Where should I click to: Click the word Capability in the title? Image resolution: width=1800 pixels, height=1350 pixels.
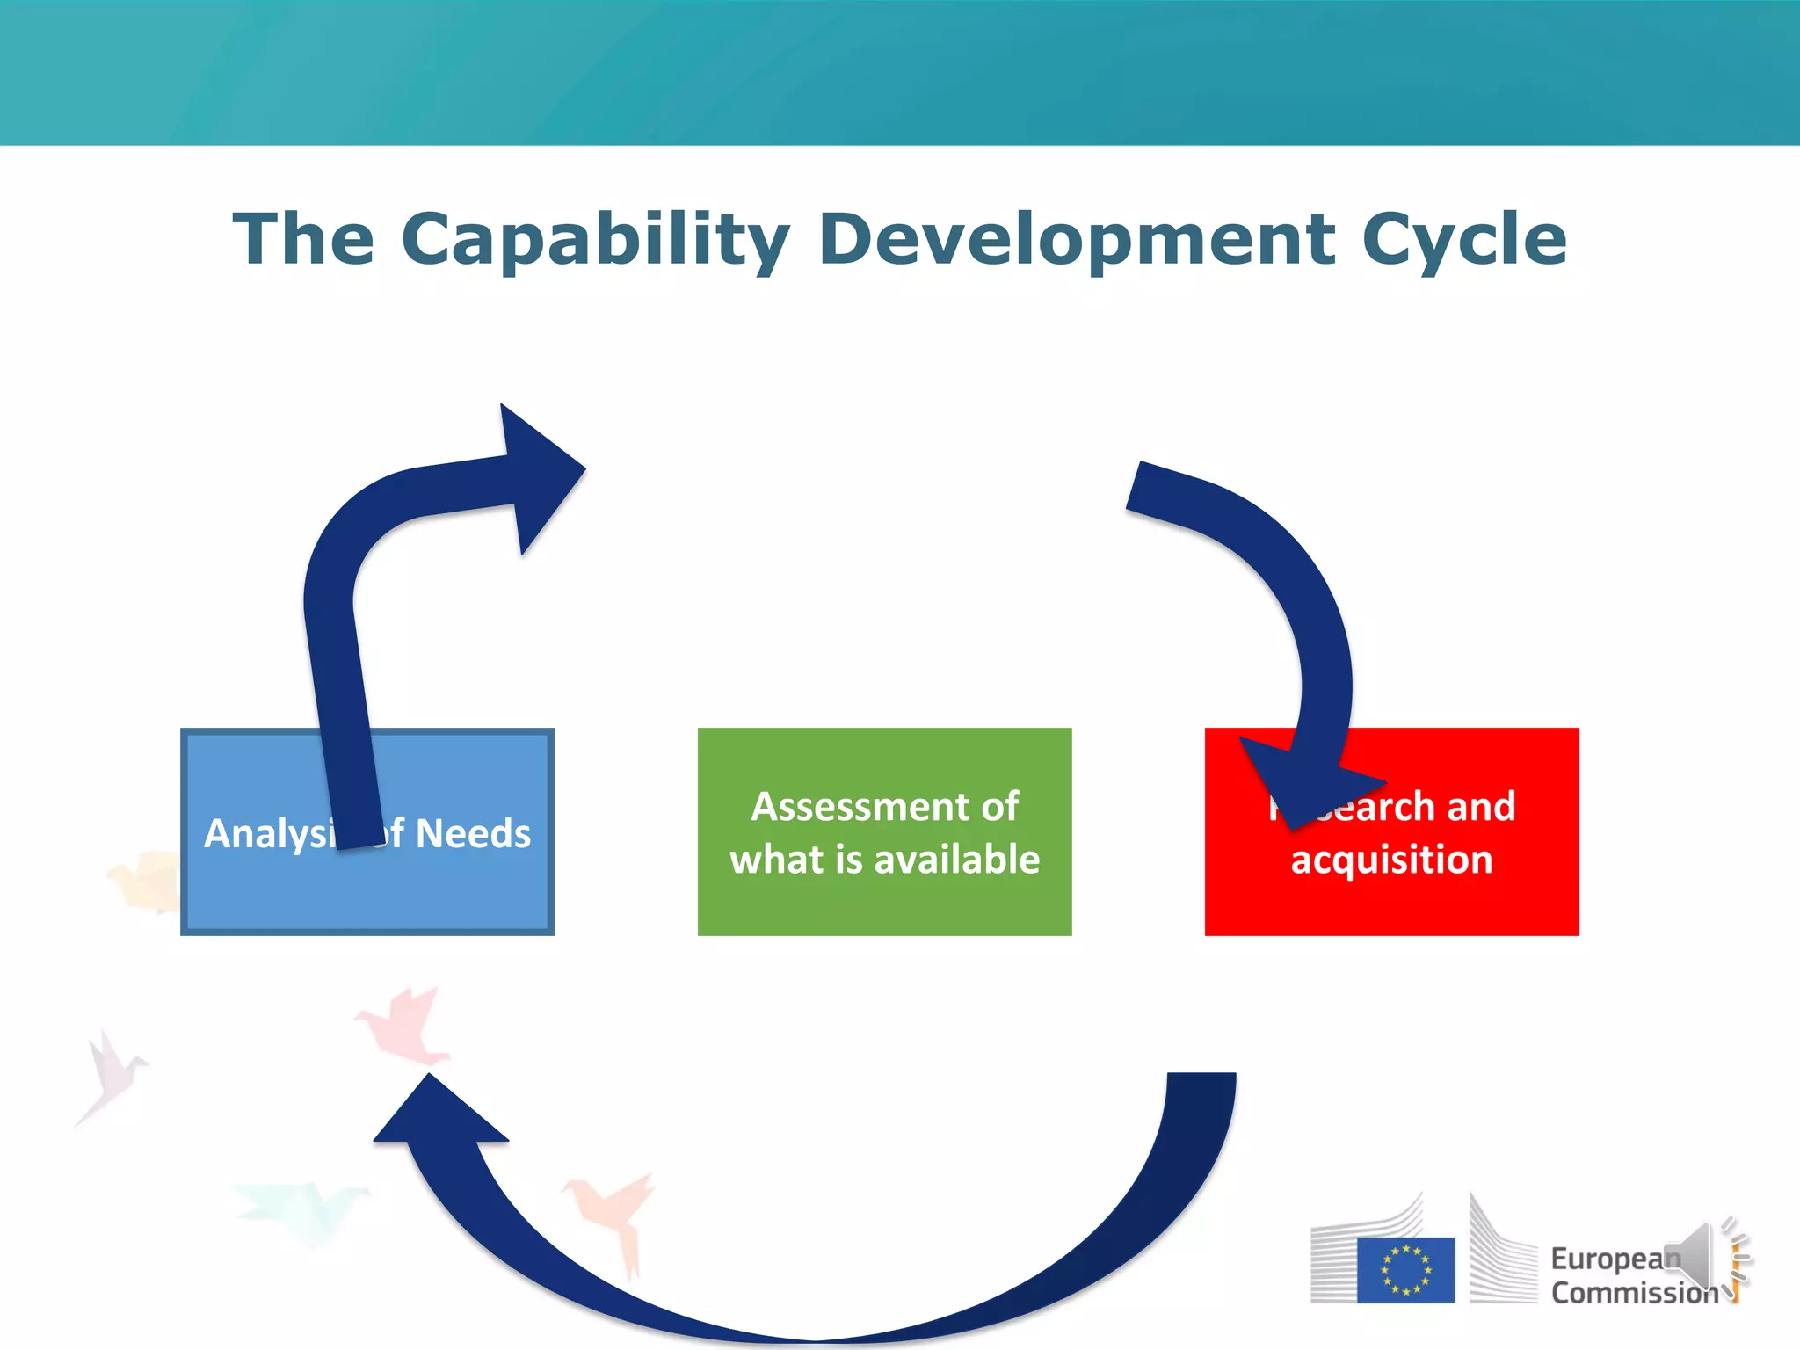click(595, 239)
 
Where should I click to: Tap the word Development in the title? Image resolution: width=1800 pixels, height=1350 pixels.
click(1077, 239)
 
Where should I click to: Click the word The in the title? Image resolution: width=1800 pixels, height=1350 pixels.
click(303, 239)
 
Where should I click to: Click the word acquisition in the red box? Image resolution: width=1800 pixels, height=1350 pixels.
click(1391, 859)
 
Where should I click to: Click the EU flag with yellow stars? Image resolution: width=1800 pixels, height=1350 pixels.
click(1405, 1269)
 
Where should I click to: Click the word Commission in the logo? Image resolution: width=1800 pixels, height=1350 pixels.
click(1633, 1293)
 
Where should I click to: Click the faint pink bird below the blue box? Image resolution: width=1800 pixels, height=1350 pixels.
click(404, 1024)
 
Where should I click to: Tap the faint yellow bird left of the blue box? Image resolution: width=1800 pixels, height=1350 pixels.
click(146, 879)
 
